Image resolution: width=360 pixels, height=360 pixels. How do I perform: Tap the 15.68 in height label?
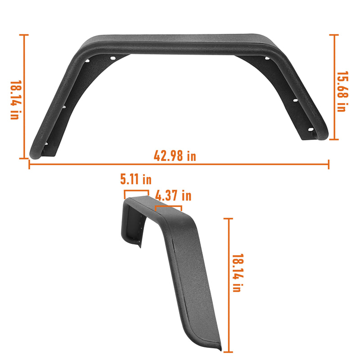point(342,92)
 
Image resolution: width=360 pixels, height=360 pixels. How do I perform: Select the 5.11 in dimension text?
point(135,180)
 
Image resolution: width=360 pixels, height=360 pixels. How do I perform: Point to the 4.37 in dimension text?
point(173,196)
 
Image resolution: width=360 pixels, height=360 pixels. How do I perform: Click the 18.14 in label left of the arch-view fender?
point(15,100)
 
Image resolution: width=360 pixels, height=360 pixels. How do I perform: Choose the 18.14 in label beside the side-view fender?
point(237,273)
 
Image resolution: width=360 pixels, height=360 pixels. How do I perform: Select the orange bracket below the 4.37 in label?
point(168,207)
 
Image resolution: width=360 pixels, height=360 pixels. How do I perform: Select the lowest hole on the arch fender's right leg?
point(310,130)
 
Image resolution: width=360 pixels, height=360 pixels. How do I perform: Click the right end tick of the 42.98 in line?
point(328,165)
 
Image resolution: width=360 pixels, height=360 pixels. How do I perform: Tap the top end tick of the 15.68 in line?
point(334,35)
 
